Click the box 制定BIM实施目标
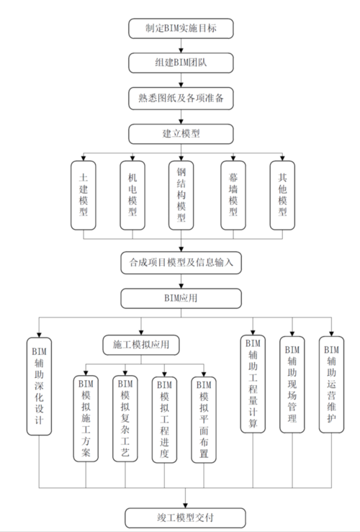(181, 29)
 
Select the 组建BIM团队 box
(181, 63)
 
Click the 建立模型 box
(181, 133)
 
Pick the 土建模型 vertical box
(84, 194)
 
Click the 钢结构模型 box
(181, 195)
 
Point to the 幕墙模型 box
(233, 194)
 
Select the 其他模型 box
(282, 194)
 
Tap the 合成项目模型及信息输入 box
(181, 263)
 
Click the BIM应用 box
(181, 297)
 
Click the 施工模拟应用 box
(137, 344)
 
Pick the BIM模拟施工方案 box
(86, 418)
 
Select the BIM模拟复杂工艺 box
(126, 418)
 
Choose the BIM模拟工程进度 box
(165, 418)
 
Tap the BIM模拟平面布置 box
(204, 418)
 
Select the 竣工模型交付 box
(185, 517)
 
